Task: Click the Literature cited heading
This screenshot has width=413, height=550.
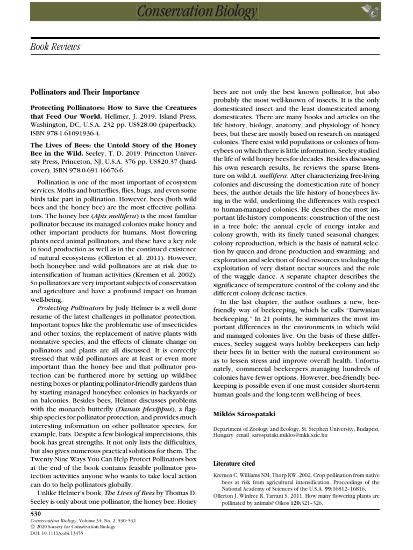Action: [234, 463]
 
